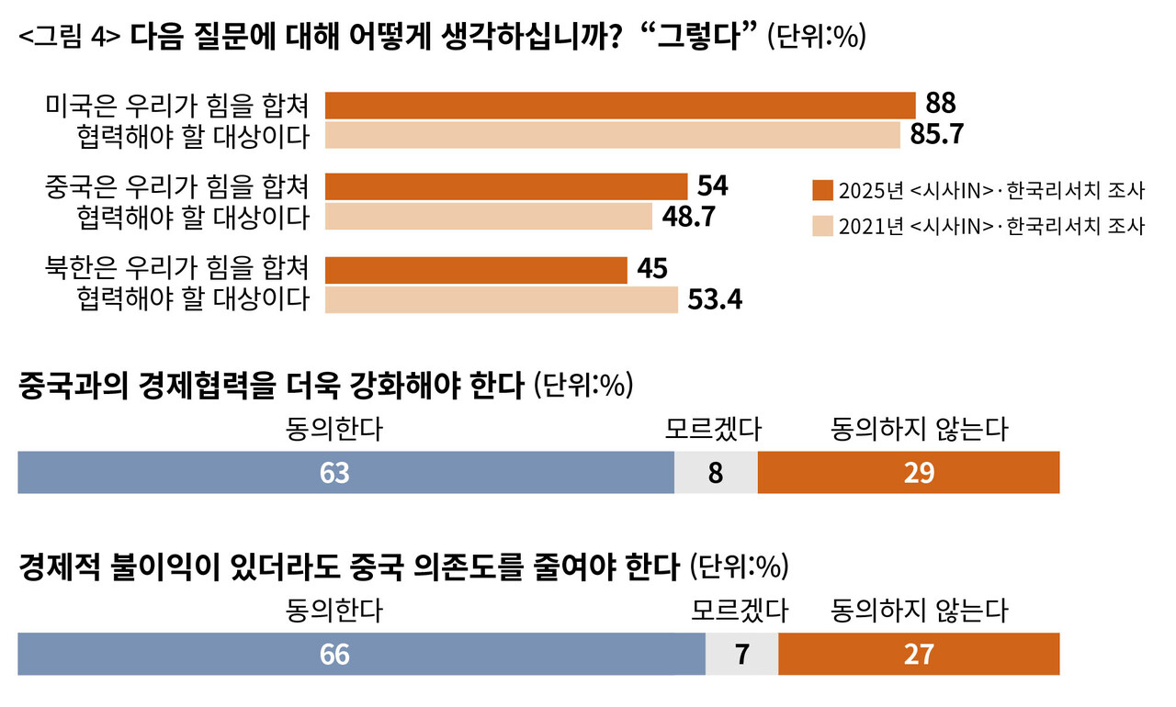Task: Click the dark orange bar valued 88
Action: [620, 106]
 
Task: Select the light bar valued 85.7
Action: [613, 135]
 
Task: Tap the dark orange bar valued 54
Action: [506, 186]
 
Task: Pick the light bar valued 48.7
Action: [489, 217]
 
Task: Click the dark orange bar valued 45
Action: [476, 270]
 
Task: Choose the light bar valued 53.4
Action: [502, 299]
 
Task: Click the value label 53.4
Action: [715, 299]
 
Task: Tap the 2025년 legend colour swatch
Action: [822, 191]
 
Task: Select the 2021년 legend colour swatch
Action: [822, 226]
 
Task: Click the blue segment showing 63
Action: [345, 472]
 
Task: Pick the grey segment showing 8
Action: [716, 472]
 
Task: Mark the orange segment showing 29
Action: [908, 472]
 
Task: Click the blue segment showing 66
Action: [361, 654]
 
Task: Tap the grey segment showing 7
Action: [741, 654]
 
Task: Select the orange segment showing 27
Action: [918, 654]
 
